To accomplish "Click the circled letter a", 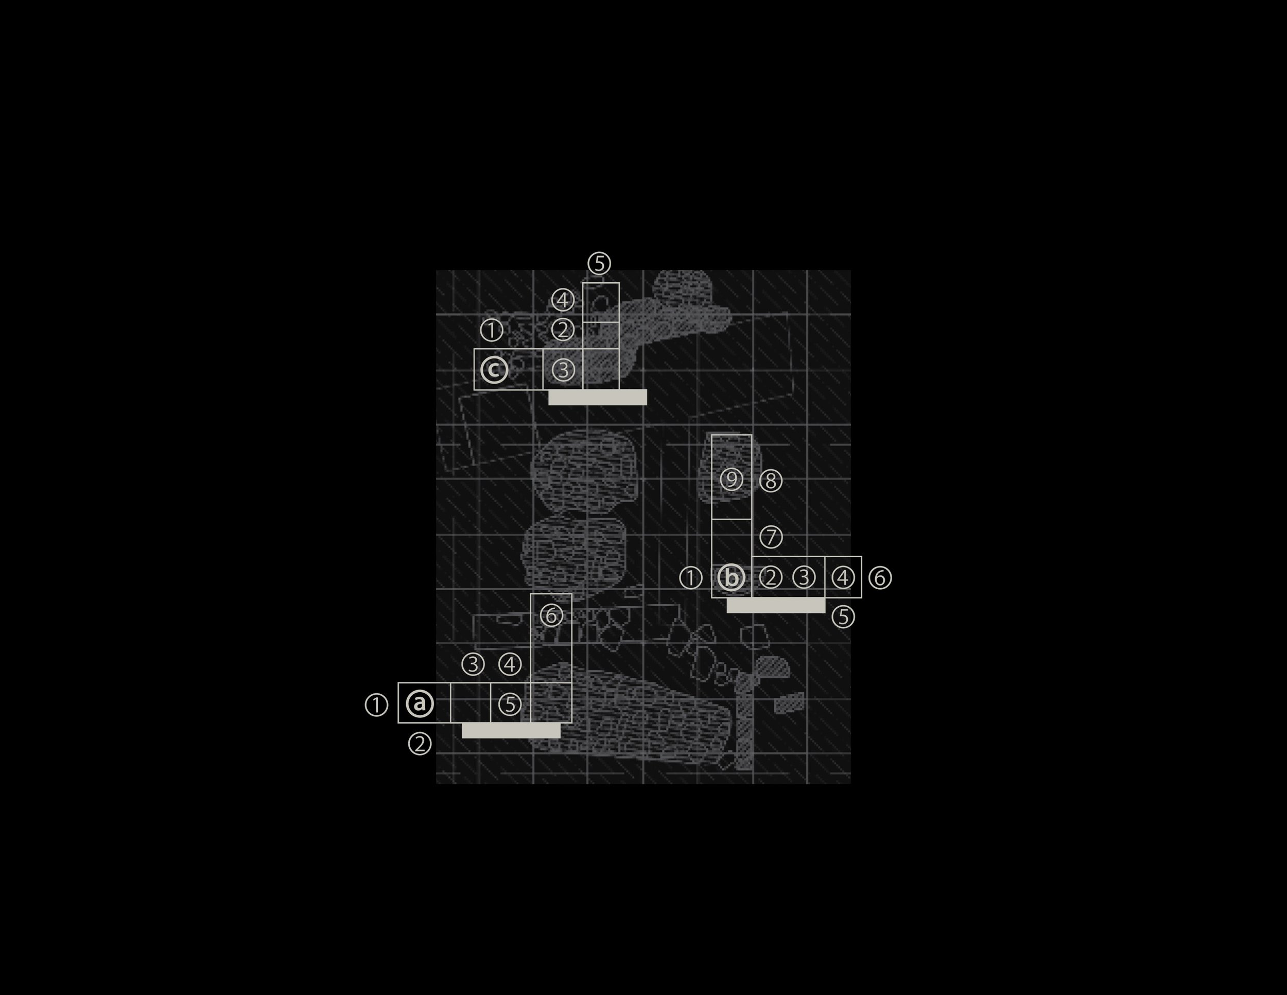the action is pos(420,703).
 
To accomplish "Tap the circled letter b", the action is pos(732,578).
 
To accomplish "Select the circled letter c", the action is pos(494,370).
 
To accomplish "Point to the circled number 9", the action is pos(732,479).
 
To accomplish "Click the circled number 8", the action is pos(771,481).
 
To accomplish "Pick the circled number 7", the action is pos(771,537).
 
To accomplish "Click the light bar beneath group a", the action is pos(511,730).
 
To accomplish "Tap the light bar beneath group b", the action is pos(775,605).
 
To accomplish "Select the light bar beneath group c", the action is pos(598,397).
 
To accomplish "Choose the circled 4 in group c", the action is pos(563,301).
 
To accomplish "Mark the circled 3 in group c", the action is pos(563,370).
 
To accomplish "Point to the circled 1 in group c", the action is pos(492,330).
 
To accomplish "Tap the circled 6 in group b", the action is pos(880,578).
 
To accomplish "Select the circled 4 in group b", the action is pos(843,578).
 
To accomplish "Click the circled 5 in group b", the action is pos(843,617).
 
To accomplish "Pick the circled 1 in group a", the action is pos(376,705).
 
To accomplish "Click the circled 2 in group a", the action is pos(420,744).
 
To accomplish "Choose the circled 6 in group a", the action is pos(551,615).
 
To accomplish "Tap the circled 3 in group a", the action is pos(473,664).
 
